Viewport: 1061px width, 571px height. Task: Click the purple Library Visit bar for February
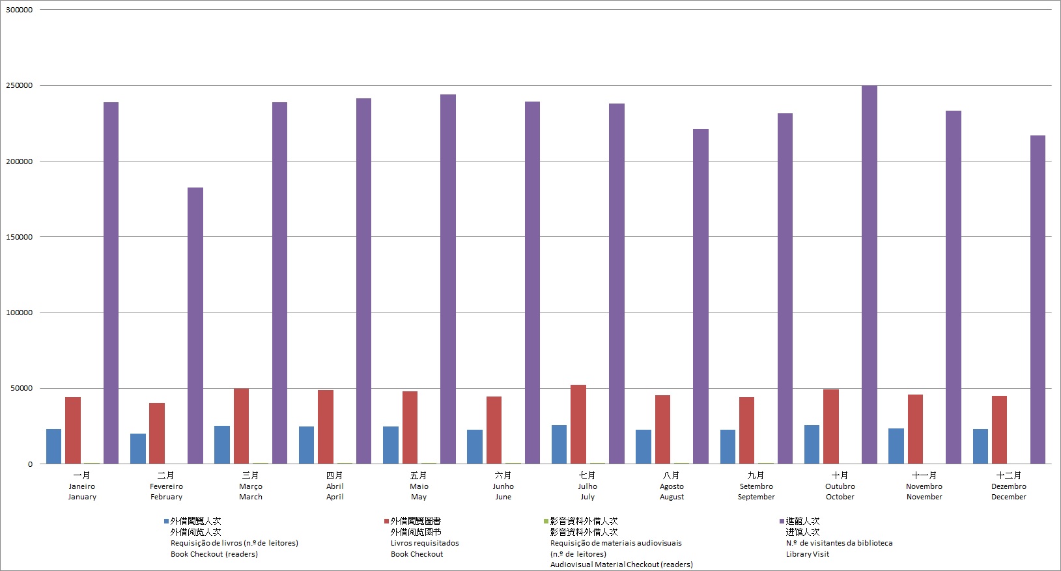point(195,326)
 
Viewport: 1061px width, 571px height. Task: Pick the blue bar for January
point(53,447)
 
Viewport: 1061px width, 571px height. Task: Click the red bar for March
point(241,426)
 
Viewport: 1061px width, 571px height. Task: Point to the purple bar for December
point(1038,299)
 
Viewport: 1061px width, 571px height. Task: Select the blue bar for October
point(812,445)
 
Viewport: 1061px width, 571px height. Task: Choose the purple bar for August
point(701,296)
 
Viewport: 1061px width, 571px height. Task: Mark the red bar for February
point(157,434)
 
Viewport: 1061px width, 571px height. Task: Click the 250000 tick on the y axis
point(19,86)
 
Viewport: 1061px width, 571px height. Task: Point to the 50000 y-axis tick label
point(21,389)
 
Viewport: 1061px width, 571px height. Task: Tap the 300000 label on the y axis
point(19,10)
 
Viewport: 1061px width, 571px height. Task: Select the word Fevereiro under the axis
point(166,486)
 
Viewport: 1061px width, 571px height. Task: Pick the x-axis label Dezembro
point(1008,486)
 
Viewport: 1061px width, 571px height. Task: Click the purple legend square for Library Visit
point(782,522)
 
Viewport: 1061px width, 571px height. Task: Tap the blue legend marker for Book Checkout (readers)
point(166,522)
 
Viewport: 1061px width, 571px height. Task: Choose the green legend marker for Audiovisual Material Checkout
point(546,522)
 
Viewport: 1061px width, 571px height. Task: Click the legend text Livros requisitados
point(425,543)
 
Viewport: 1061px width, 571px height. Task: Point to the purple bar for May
point(448,279)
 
